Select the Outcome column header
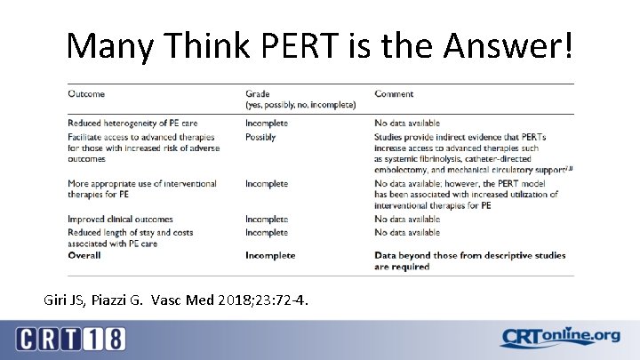(86, 93)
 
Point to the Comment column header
(395, 93)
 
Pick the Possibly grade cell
(261, 137)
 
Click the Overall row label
(84, 255)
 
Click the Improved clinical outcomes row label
(120, 219)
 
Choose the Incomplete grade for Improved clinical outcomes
(267, 219)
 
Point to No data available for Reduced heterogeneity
(407, 123)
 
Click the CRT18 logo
(70, 339)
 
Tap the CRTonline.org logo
(559, 337)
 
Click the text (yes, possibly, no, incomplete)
(300, 105)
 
